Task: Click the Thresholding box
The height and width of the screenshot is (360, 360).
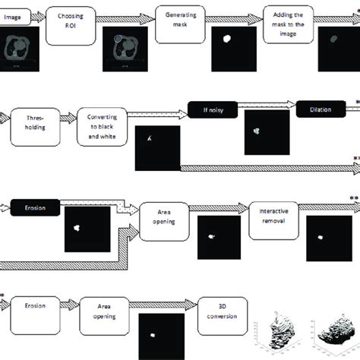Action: pyautogui.click(x=38, y=122)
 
